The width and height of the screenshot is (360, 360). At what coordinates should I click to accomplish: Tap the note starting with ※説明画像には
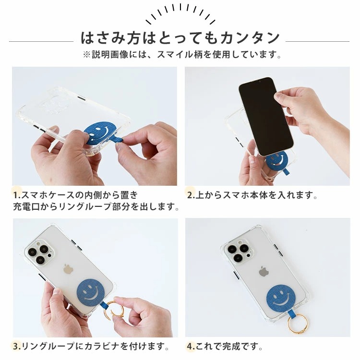pyautogui.click(x=180, y=55)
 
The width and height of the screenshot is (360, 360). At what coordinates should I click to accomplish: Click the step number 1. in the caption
pyautogui.click(x=17, y=195)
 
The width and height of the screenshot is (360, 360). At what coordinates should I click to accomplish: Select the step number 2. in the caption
pyautogui.click(x=191, y=195)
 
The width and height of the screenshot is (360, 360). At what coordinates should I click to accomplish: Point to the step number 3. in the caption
pyautogui.click(x=17, y=346)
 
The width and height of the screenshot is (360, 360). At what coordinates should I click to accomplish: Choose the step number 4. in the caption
pyautogui.click(x=191, y=346)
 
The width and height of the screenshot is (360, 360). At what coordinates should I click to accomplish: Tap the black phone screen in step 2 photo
pyautogui.click(x=266, y=114)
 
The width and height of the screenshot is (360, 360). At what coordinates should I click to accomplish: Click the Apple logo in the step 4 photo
pyautogui.click(x=264, y=272)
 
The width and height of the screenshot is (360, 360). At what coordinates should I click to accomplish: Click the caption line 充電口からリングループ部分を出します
pyautogui.click(x=96, y=207)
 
